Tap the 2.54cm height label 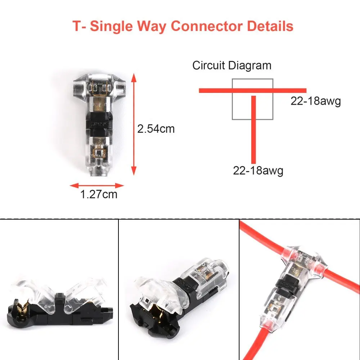(156, 129)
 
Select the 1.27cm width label (99, 194)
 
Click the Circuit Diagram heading (232, 66)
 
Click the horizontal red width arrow (97, 186)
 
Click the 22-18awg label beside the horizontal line (316, 101)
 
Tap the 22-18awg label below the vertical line (258, 170)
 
